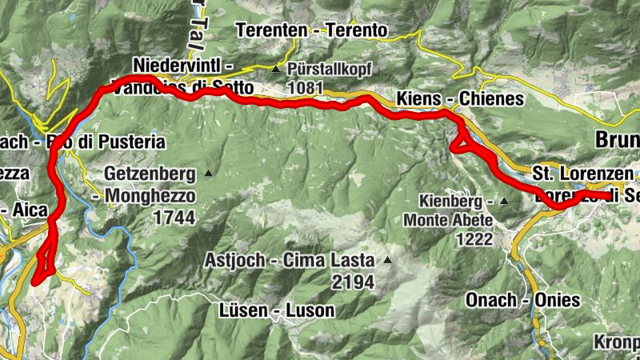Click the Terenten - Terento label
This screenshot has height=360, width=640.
click(x=312, y=30)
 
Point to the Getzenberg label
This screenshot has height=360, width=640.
click(x=150, y=173)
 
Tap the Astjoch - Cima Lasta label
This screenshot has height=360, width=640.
click(x=289, y=261)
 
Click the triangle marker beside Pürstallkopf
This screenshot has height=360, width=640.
click(x=276, y=69)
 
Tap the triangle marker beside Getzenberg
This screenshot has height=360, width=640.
click(x=208, y=173)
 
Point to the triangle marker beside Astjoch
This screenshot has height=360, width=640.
click(x=388, y=260)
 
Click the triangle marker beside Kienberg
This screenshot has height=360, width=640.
click(x=505, y=202)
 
